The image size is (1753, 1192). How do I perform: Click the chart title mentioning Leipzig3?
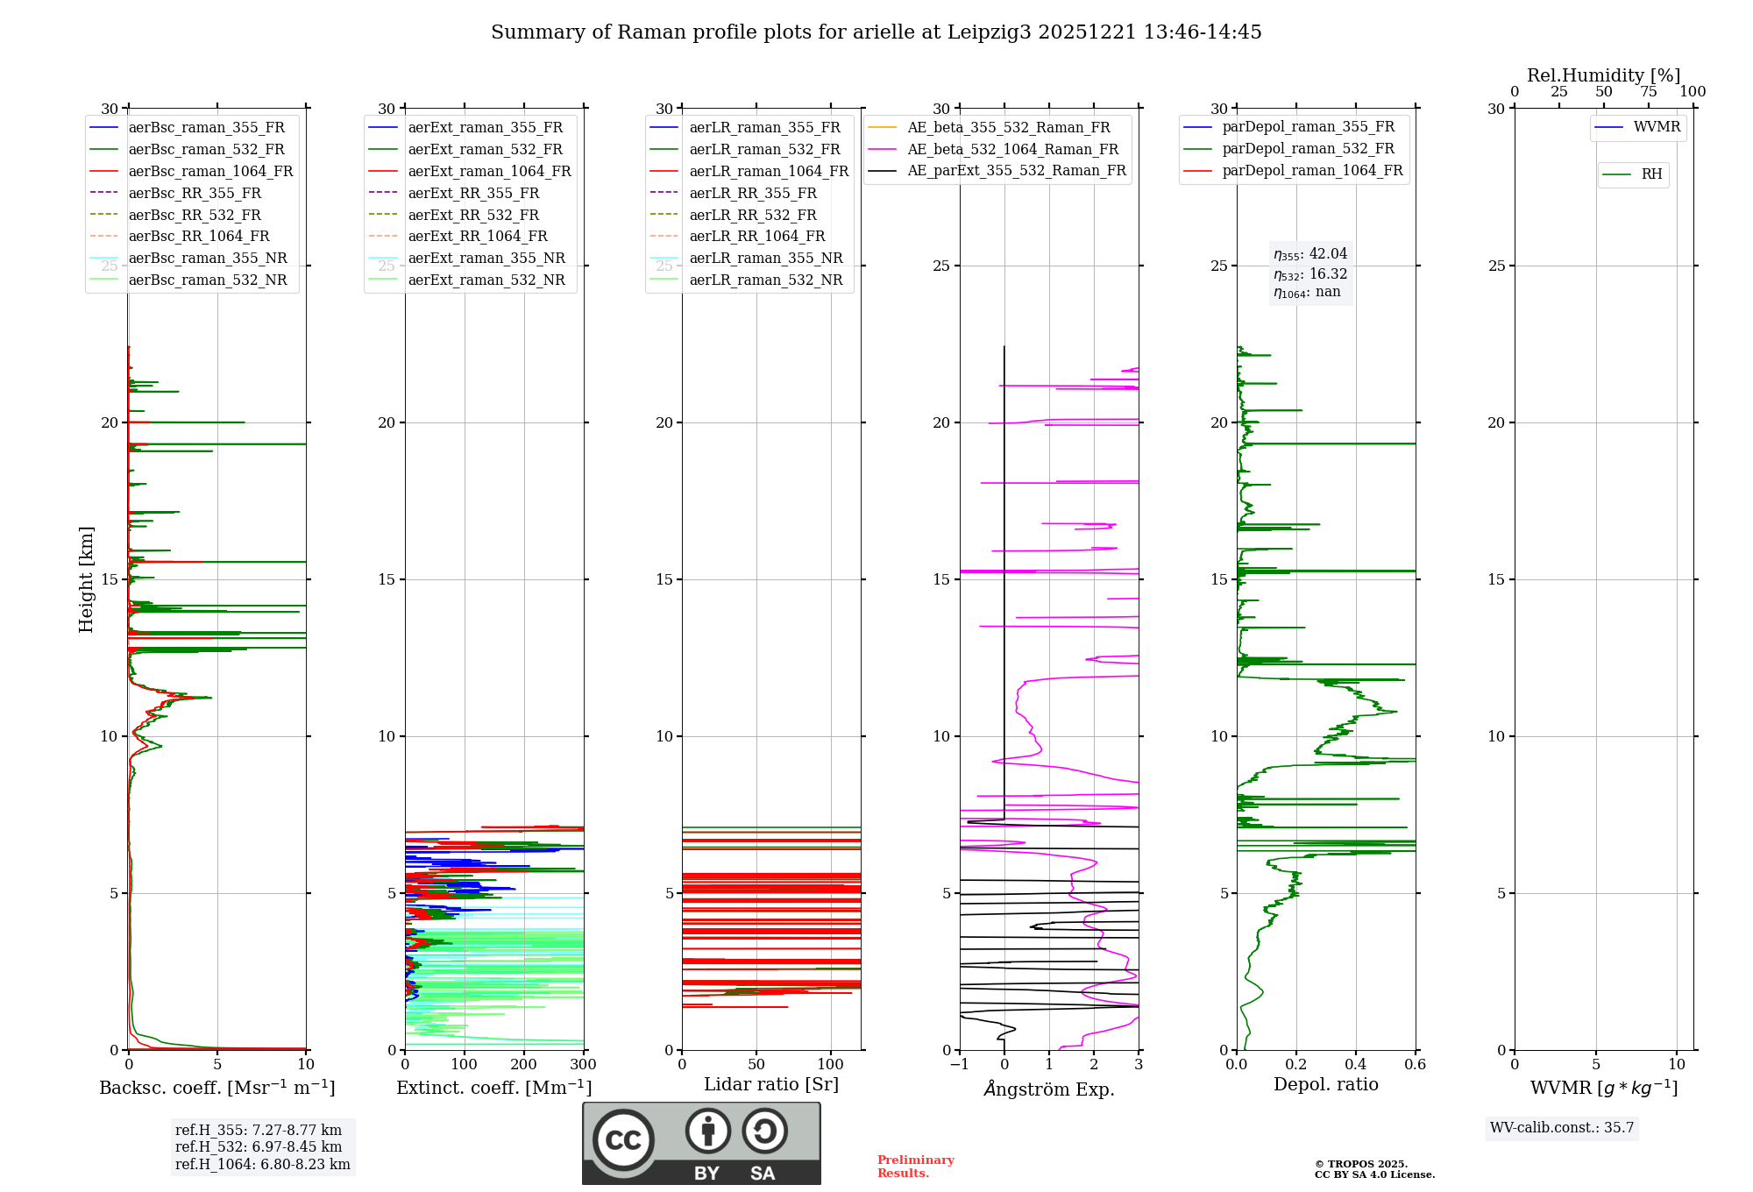876,32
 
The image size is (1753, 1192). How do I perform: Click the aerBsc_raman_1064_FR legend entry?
210,171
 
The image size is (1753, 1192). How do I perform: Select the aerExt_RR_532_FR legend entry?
473,215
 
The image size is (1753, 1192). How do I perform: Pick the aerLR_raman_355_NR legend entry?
765,258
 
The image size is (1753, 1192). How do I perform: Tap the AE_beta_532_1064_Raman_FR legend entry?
1012,149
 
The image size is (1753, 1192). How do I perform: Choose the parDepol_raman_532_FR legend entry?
1308,149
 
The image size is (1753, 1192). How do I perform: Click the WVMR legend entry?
1657,127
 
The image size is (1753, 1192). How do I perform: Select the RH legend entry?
1651,174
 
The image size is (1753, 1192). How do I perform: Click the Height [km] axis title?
86,579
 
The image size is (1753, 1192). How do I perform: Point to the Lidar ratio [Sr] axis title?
771,1085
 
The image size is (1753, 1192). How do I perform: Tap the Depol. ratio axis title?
1325,1085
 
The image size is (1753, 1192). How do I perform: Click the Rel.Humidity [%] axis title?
1603,75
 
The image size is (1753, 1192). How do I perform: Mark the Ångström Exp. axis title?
1049,1089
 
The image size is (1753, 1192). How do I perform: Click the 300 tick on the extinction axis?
583,1065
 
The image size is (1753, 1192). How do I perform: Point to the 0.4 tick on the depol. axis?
1356,1065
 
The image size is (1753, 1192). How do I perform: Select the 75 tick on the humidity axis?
1649,92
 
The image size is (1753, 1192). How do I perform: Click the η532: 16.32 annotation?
1310,274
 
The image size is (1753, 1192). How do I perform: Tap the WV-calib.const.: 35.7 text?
1562,1128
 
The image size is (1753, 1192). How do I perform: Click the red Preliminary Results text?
915,1167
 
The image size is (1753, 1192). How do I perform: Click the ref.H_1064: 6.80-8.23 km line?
262,1165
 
